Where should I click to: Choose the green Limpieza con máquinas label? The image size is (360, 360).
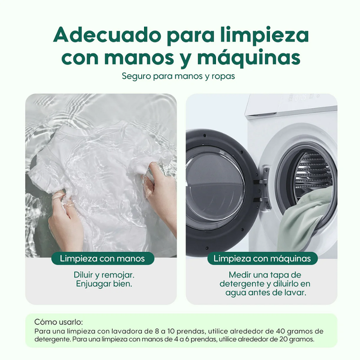[262, 259]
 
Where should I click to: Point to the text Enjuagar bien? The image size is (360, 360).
[104, 284]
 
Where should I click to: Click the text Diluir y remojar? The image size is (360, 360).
[104, 275]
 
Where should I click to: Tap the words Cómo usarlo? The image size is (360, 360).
[58, 322]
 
